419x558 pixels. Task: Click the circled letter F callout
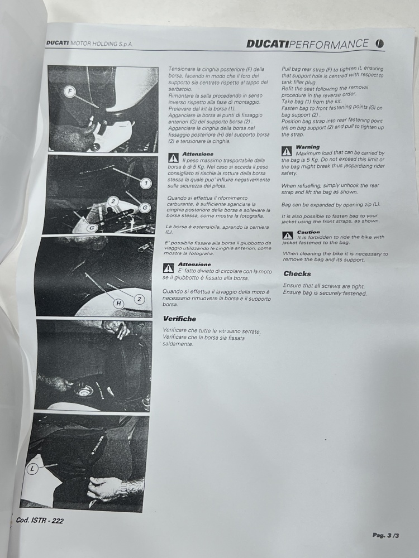[70, 92]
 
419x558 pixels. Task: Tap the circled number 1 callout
[146, 183]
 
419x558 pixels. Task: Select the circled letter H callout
[118, 304]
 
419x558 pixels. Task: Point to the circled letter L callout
[32, 468]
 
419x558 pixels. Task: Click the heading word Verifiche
[179, 319]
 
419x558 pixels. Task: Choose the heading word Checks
[297, 273]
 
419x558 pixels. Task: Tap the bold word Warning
[307, 147]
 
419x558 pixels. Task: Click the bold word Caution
[308, 232]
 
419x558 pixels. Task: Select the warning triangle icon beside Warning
[287, 152]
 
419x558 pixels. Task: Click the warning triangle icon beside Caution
[288, 235]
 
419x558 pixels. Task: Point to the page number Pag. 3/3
[385, 535]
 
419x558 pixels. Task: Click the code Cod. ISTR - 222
[40, 520]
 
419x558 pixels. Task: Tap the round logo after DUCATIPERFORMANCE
[379, 44]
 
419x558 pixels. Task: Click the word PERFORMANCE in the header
[328, 44]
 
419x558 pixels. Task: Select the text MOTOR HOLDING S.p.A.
[101, 44]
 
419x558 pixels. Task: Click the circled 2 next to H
[139, 299]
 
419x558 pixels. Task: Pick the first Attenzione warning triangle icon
[173, 158]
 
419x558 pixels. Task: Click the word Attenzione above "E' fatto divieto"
[194, 264]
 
